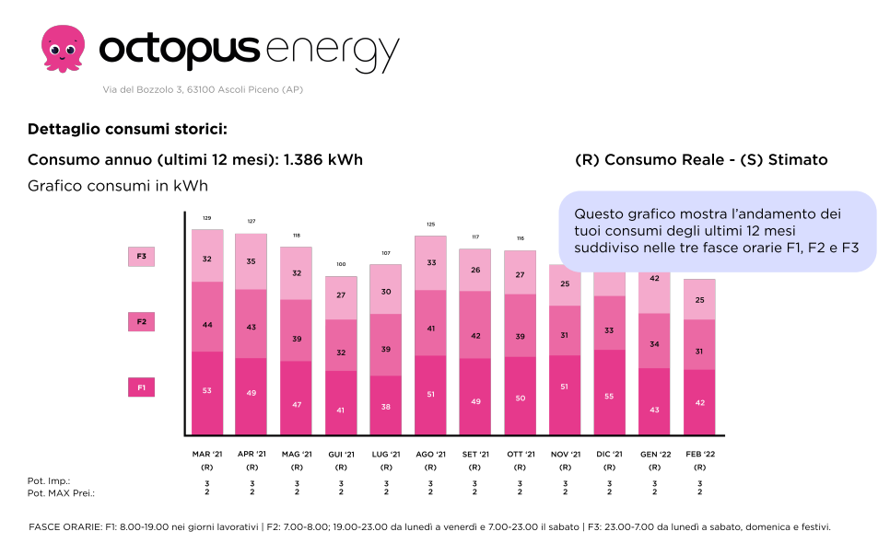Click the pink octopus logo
pyautogui.click(x=63, y=48)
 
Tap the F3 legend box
pyautogui.click(x=141, y=257)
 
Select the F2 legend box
pyautogui.click(x=141, y=322)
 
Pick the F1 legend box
pyautogui.click(x=141, y=388)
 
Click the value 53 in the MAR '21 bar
pyautogui.click(x=206, y=391)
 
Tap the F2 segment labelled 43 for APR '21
pyautogui.click(x=252, y=328)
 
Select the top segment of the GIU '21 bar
pyautogui.click(x=340, y=296)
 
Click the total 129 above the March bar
pyautogui.click(x=206, y=218)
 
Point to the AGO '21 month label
pyautogui.click(x=430, y=454)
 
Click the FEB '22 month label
pyautogui.click(x=699, y=454)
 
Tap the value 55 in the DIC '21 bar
pyautogui.click(x=609, y=395)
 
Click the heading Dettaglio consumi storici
pyautogui.click(x=127, y=129)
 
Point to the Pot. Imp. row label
pyautogui.click(x=49, y=481)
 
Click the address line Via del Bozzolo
pyautogui.click(x=202, y=90)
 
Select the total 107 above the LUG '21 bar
pyautogui.click(x=385, y=253)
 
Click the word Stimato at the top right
pyautogui.click(x=797, y=160)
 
